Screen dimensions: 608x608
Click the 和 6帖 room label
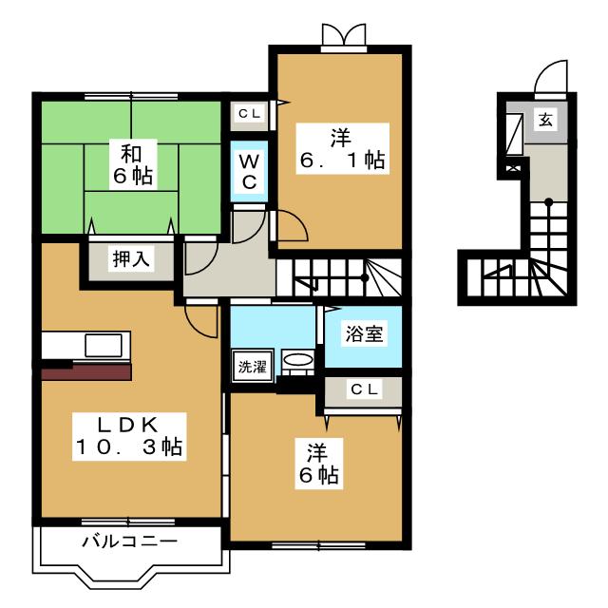tap(132, 162)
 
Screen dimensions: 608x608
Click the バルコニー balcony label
tap(128, 542)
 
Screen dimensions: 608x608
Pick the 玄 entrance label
tap(546, 120)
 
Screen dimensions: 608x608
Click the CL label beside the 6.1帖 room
tap(250, 114)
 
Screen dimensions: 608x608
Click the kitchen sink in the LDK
tap(101, 344)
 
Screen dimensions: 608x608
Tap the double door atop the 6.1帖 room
tap(343, 36)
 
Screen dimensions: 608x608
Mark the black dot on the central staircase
tap(366, 277)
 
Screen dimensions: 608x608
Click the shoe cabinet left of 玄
tap(514, 134)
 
